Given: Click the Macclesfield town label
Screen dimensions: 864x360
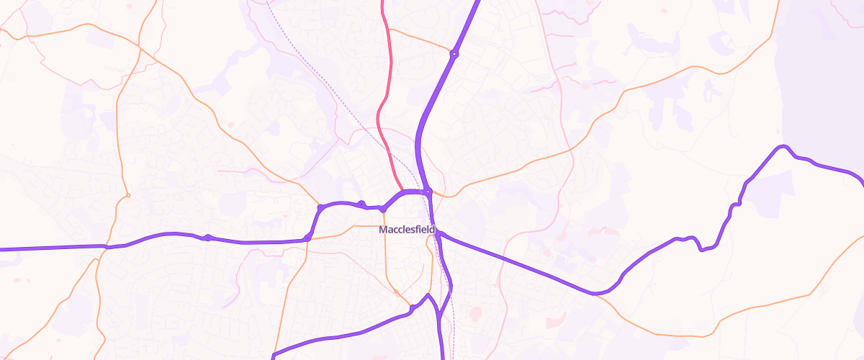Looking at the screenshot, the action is click(x=408, y=230).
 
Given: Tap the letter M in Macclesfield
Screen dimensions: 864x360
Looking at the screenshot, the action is click(x=382, y=230).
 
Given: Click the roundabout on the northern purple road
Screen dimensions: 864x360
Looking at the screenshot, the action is click(x=454, y=54).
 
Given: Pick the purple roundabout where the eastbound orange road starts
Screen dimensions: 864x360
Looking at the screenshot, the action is click(x=428, y=192).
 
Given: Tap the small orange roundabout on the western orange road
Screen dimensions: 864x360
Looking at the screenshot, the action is click(x=127, y=195).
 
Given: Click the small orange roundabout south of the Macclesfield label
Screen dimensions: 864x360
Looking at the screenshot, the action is click(x=395, y=292).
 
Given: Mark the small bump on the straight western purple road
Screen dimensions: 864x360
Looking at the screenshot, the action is click(x=207, y=237).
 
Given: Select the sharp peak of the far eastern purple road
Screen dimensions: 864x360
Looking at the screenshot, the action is click(x=780, y=147).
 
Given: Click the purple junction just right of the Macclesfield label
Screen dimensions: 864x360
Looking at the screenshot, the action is click(x=438, y=233).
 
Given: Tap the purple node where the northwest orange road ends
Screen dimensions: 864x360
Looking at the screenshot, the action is click(x=320, y=208).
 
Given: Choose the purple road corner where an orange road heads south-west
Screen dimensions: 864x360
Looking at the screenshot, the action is click(x=307, y=238).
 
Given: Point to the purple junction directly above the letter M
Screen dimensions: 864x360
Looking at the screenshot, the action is click(x=383, y=209).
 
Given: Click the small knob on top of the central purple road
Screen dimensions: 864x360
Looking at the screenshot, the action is click(x=361, y=204).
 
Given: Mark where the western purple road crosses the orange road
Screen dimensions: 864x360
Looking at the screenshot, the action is click(x=107, y=247).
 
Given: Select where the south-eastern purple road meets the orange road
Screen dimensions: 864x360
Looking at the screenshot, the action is click(x=595, y=294).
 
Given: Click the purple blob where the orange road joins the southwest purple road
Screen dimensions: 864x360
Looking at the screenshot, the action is click(x=412, y=309).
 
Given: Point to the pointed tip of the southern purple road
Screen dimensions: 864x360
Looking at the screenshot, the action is click(x=428, y=294).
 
